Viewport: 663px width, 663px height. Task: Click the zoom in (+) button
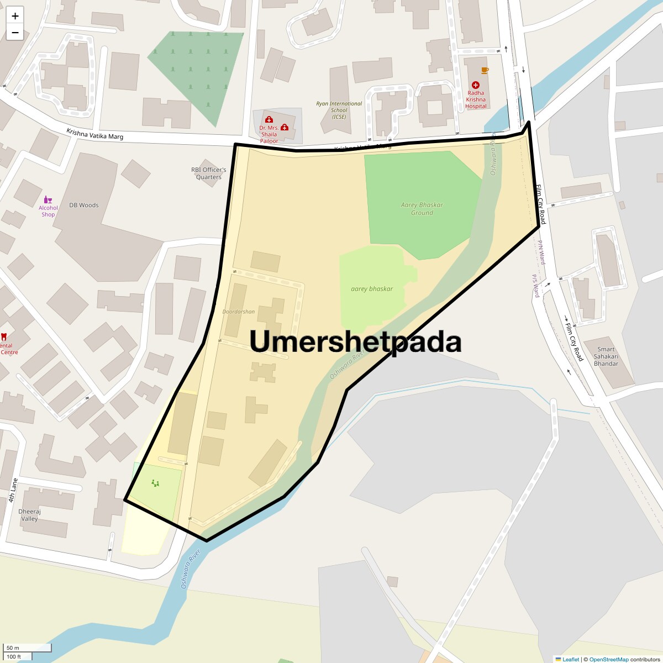(x=15, y=16)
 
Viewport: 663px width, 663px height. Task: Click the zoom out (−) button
(x=15, y=33)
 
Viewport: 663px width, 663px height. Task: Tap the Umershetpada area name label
(x=355, y=341)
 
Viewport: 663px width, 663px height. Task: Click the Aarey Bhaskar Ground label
(x=422, y=209)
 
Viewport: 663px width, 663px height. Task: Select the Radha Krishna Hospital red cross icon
(x=476, y=85)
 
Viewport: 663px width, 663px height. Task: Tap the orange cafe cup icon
(x=485, y=70)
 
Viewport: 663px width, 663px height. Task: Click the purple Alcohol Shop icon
(x=48, y=200)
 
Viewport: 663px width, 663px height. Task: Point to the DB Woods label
(x=84, y=205)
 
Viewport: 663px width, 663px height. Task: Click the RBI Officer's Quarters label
(x=209, y=173)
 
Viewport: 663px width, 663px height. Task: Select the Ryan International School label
(x=339, y=110)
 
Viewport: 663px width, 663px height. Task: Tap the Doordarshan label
(x=239, y=312)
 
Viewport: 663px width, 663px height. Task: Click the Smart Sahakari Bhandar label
(x=606, y=356)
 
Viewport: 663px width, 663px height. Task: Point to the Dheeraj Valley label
(x=29, y=515)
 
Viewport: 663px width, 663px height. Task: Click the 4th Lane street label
(x=13, y=491)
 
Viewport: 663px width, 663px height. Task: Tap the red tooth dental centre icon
(x=4, y=336)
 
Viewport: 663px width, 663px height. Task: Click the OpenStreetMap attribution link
(x=608, y=659)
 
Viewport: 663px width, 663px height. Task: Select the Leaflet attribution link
(x=570, y=659)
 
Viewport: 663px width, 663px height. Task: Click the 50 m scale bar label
(x=13, y=648)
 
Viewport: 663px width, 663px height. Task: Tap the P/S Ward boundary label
(x=535, y=286)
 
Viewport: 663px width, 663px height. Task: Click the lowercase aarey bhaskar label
(x=372, y=289)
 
